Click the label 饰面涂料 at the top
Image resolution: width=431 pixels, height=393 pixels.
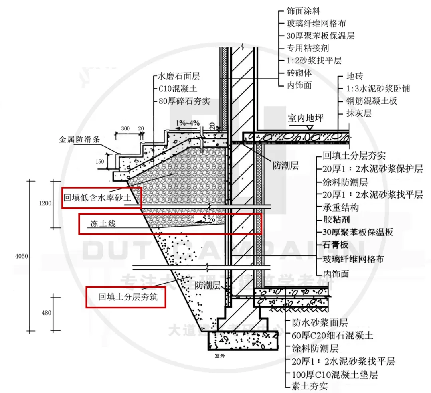pos(303,11)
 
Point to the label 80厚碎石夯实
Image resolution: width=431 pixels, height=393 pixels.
pos(184,101)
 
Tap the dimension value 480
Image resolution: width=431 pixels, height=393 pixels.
pos(47,313)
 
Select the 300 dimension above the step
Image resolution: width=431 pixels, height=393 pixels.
pos(125,128)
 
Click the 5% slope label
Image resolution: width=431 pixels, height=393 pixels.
pos(208,219)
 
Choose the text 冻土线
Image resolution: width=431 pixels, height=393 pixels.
pos(103,224)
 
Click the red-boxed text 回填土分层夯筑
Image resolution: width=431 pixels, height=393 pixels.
pos(126,296)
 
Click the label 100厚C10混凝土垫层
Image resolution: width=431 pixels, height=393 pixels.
pos(334,374)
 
